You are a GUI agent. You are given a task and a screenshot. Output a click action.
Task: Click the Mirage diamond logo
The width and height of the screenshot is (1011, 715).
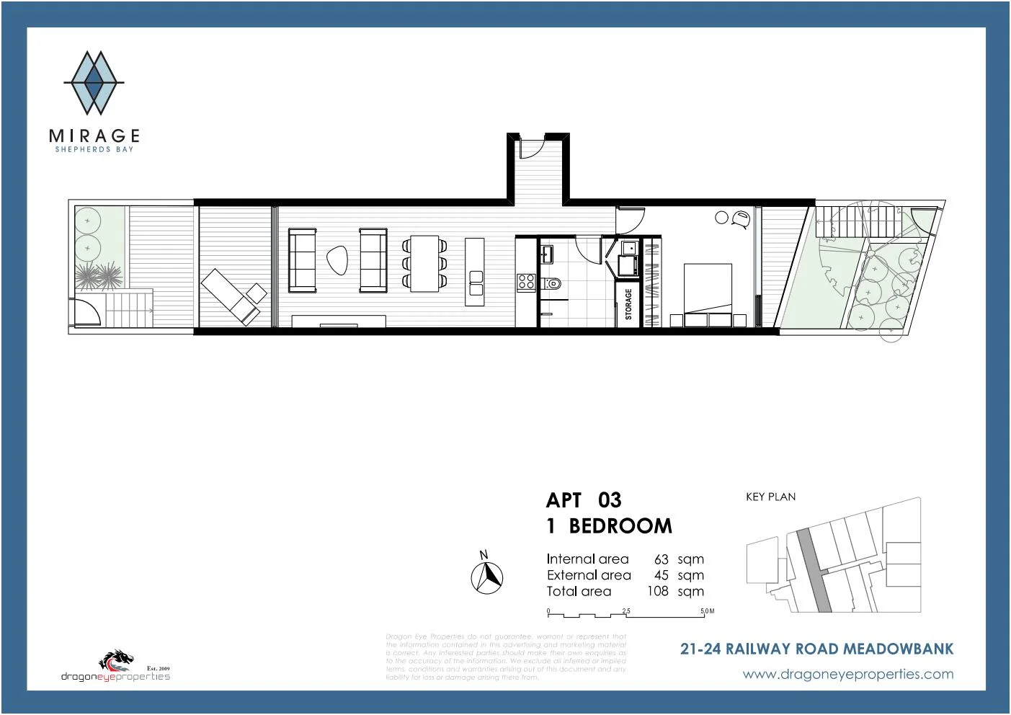click(x=94, y=83)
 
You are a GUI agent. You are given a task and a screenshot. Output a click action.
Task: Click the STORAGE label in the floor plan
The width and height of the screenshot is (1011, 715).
click(x=628, y=304)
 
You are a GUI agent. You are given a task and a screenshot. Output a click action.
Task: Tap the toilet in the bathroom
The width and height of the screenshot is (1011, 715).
click(x=553, y=283)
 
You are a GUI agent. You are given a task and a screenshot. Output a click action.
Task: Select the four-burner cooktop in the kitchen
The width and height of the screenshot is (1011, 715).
click(x=526, y=282)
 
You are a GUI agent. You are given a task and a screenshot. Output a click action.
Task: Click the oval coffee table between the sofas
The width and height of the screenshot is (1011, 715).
click(x=337, y=260)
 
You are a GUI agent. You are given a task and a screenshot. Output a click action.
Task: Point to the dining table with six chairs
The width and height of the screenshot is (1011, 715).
click(x=424, y=263)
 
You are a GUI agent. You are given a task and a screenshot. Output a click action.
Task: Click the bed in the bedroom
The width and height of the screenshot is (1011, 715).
click(x=708, y=296)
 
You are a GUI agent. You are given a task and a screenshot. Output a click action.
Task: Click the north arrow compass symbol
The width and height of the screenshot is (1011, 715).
click(x=487, y=577)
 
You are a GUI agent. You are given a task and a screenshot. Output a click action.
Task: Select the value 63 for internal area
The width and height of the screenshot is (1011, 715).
click(x=661, y=559)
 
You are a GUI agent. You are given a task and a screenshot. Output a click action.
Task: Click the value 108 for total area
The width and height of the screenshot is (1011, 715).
click(x=657, y=591)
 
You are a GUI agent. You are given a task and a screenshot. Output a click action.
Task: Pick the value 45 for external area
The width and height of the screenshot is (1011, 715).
click(x=661, y=575)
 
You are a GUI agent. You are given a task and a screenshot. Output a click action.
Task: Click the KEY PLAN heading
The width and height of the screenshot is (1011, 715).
click(x=770, y=497)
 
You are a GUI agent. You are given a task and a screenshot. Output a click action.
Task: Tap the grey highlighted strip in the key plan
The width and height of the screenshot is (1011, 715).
click(x=813, y=569)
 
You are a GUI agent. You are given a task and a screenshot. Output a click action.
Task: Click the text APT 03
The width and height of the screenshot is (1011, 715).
click(x=583, y=500)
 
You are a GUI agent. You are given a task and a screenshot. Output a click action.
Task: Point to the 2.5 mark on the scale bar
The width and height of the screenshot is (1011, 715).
click(x=626, y=611)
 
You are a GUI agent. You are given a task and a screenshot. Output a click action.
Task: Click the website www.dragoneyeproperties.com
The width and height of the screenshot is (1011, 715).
click(x=847, y=675)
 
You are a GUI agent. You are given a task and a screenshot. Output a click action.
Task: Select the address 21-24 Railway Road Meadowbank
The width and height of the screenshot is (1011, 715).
click(x=816, y=649)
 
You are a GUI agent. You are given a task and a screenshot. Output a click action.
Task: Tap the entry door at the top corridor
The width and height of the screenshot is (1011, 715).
click(x=530, y=147)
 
